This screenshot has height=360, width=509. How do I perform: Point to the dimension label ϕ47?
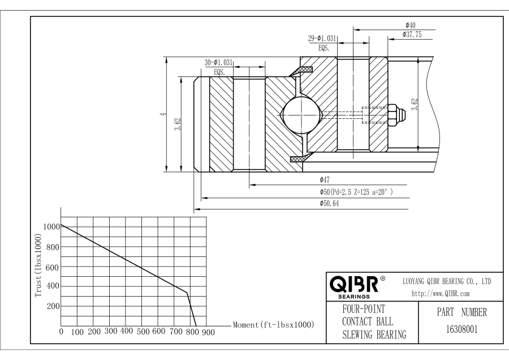(x=325, y=180)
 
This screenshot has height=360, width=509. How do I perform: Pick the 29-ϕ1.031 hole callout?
(x=322, y=38)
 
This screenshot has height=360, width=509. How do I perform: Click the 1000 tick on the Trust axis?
(x=50, y=226)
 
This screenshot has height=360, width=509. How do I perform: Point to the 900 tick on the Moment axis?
(x=208, y=332)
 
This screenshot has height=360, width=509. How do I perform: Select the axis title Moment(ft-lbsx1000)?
(x=274, y=325)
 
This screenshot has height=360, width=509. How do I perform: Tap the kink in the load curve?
(x=187, y=293)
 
